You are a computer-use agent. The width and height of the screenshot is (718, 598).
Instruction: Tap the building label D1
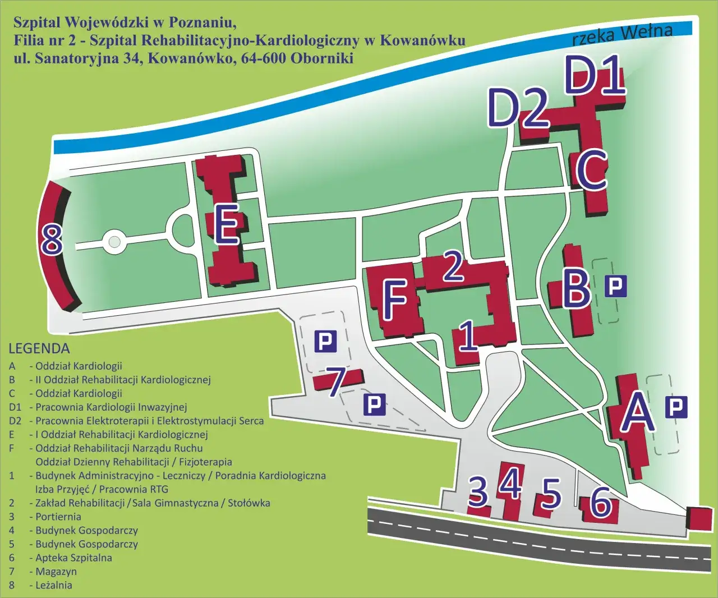click(x=594, y=75)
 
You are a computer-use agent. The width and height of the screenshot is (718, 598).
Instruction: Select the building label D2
click(x=517, y=107)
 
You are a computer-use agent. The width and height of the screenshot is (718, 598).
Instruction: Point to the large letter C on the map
click(x=591, y=169)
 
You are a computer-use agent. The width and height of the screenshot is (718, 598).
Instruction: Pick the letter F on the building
click(x=395, y=299)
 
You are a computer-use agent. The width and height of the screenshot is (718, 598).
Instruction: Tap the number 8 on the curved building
click(x=52, y=240)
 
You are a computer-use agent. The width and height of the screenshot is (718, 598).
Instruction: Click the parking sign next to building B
click(x=615, y=286)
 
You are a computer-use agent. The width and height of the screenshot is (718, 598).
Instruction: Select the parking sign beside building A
click(x=676, y=407)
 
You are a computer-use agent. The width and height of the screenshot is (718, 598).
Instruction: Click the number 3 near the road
click(x=478, y=491)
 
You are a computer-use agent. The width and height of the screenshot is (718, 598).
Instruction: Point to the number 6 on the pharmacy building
click(x=601, y=502)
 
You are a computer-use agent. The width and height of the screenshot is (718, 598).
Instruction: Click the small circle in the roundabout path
click(x=114, y=242)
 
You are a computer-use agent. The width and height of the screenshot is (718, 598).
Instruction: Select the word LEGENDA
click(x=39, y=348)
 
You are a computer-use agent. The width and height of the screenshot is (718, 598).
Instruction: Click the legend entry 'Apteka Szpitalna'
click(x=73, y=558)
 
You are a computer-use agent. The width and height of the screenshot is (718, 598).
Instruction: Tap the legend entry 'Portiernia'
click(x=58, y=517)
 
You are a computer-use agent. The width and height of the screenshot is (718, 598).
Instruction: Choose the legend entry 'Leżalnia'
click(x=54, y=585)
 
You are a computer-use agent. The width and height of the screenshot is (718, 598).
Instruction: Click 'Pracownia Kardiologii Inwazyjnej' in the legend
click(x=111, y=407)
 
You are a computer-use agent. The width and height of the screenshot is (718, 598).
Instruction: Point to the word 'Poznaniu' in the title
click(x=199, y=22)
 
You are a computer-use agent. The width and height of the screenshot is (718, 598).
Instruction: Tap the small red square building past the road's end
click(x=699, y=518)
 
